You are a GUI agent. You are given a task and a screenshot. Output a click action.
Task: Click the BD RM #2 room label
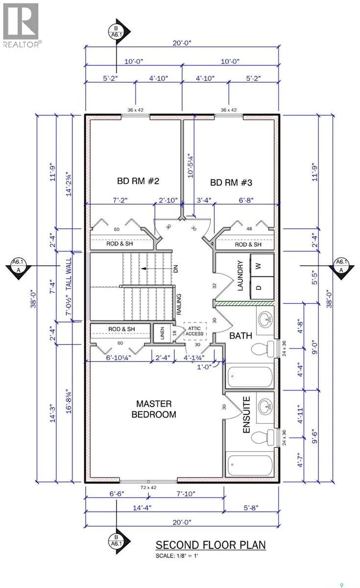(x=138, y=181)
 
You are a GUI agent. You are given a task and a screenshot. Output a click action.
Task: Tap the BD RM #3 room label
(x=231, y=182)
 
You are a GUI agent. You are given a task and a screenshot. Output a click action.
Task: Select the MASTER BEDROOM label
(x=154, y=409)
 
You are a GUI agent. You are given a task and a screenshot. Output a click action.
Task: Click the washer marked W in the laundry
(x=262, y=266)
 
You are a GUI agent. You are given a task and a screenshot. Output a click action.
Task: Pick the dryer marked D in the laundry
(x=262, y=288)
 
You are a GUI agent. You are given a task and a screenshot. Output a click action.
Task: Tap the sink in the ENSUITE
(x=265, y=407)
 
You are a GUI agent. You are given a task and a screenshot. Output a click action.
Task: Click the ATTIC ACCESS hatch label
(x=195, y=331)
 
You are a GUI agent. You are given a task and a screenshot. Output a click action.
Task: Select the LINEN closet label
(x=162, y=333)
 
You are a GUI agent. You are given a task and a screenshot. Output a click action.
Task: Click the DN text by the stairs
(x=176, y=269)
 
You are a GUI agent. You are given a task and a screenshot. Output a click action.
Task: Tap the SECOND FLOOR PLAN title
(x=211, y=545)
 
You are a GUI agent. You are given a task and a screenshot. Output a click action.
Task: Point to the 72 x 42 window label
(x=148, y=488)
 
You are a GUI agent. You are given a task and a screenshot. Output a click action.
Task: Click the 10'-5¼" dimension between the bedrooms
(x=191, y=166)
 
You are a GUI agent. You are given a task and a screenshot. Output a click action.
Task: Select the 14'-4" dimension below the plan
(x=142, y=508)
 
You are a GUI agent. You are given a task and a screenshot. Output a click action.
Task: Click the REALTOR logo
(x=21, y=25)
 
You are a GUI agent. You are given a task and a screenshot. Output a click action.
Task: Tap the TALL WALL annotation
(x=69, y=274)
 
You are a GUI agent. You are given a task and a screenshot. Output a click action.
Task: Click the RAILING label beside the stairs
(x=179, y=304)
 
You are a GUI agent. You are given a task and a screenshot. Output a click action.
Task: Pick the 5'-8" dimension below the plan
(x=251, y=508)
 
